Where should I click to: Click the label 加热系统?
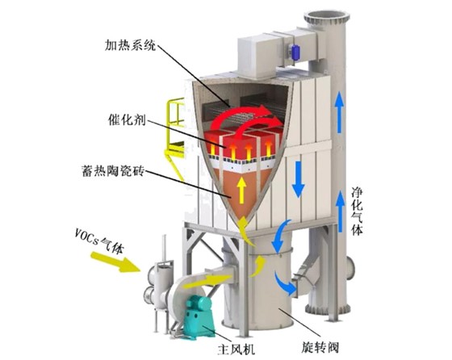click(130, 45)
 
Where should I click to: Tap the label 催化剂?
click(127, 119)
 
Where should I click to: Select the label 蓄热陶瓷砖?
click(113, 171)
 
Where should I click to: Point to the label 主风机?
click(236, 349)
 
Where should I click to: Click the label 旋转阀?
click(320, 347)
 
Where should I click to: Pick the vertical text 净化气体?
click(357, 211)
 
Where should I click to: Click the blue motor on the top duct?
click(295, 52)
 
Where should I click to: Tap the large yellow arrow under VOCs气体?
click(115, 262)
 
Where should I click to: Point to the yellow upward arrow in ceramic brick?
click(241, 190)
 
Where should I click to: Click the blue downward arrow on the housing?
click(298, 179)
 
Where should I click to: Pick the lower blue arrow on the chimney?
click(341, 211)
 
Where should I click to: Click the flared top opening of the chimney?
click(326, 17)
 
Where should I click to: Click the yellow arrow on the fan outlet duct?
click(207, 282)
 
